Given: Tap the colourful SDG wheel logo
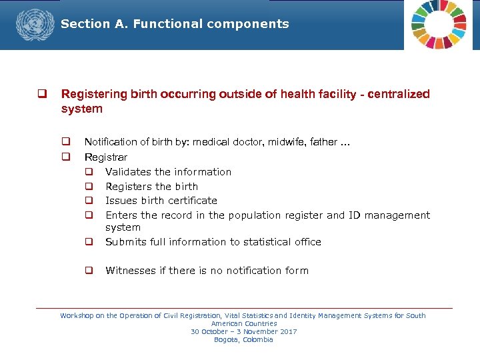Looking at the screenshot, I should pyautogui.click(x=439, y=24).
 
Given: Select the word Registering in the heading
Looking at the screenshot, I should pyautogui.click(x=92, y=95).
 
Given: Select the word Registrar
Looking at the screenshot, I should pyautogui.click(x=105, y=157).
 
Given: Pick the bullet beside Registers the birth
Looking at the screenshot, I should pyautogui.click(x=88, y=187).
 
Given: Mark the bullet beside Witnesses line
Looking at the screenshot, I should pyautogui.click(x=88, y=271).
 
